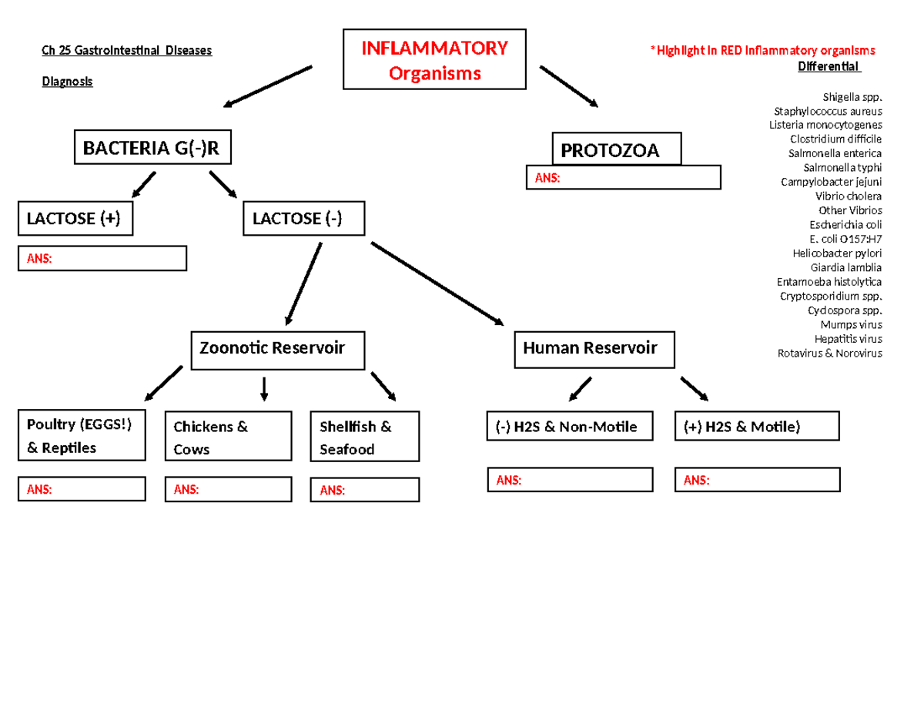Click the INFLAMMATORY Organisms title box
[x=435, y=60]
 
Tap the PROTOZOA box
[x=617, y=150]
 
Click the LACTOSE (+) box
[x=75, y=219]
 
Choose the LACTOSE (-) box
[x=303, y=219]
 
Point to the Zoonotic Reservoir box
[x=278, y=349]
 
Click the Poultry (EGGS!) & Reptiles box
[x=82, y=435]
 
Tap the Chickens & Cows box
[x=229, y=437]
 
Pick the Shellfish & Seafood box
[x=365, y=437]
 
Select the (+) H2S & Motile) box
[x=756, y=427]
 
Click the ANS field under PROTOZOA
[x=623, y=178]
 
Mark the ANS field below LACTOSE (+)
[x=102, y=259]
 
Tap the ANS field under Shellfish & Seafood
[x=365, y=490]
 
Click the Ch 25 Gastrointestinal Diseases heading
[x=126, y=52]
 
